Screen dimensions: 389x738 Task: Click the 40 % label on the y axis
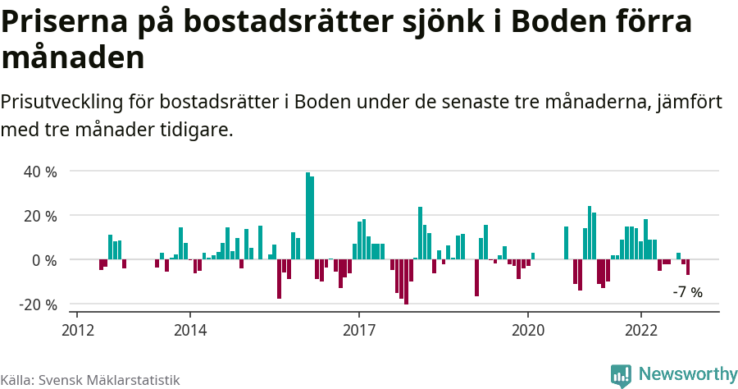(x=40, y=172)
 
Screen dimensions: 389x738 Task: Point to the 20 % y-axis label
(x=40, y=216)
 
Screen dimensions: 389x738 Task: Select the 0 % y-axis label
(x=44, y=260)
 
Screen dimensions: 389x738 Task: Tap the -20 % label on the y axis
(x=38, y=304)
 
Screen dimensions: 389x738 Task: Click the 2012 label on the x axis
(x=77, y=329)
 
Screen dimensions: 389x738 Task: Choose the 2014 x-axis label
(x=189, y=329)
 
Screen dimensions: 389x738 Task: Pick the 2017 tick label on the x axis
(x=358, y=329)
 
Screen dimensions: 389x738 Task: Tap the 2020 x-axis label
(x=527, y=329)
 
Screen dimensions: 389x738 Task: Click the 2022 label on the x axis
(x=640, y=329)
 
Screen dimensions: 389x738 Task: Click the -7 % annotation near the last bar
(x=687, y=292)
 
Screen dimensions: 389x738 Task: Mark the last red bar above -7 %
(x=688, y=268)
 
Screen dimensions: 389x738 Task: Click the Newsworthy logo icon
(x=621, y=375)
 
